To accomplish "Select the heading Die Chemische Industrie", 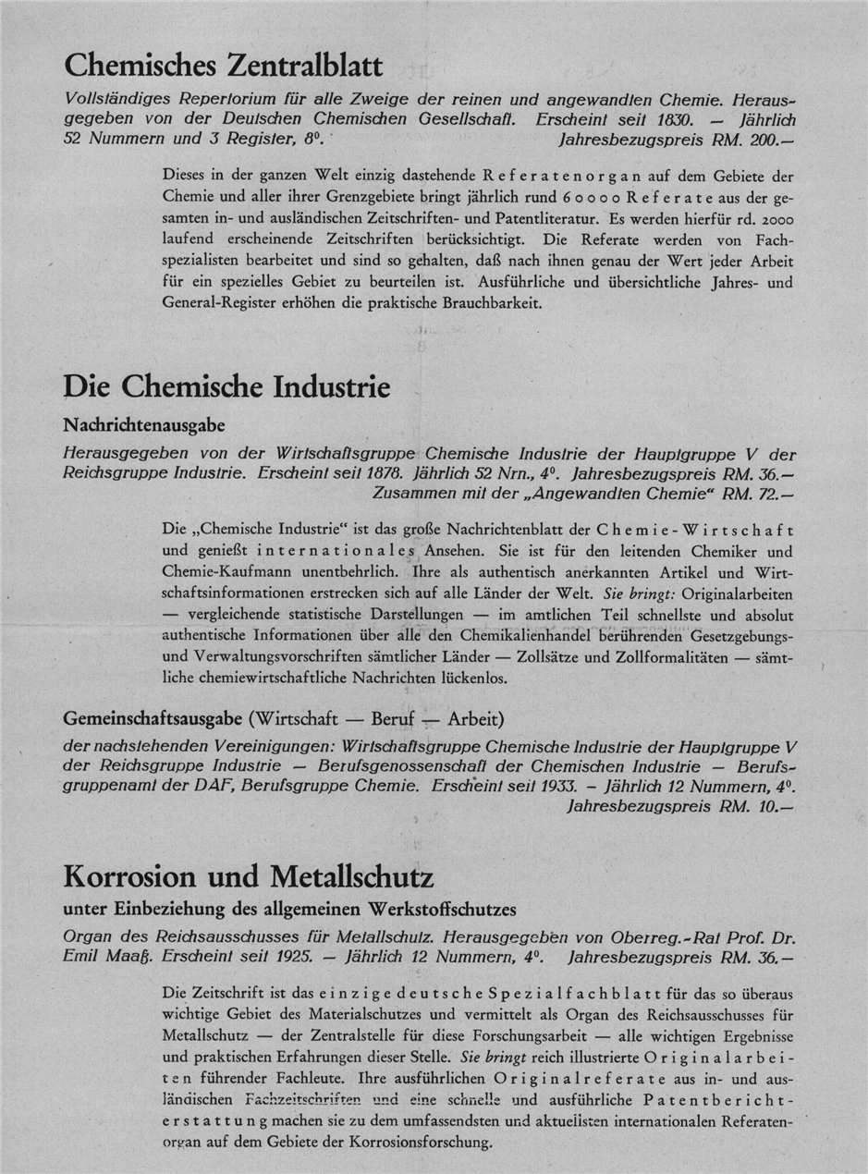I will pyautogui.click(x=226, y=385).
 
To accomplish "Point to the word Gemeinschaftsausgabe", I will pyautogui.click(x=146, y=717).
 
